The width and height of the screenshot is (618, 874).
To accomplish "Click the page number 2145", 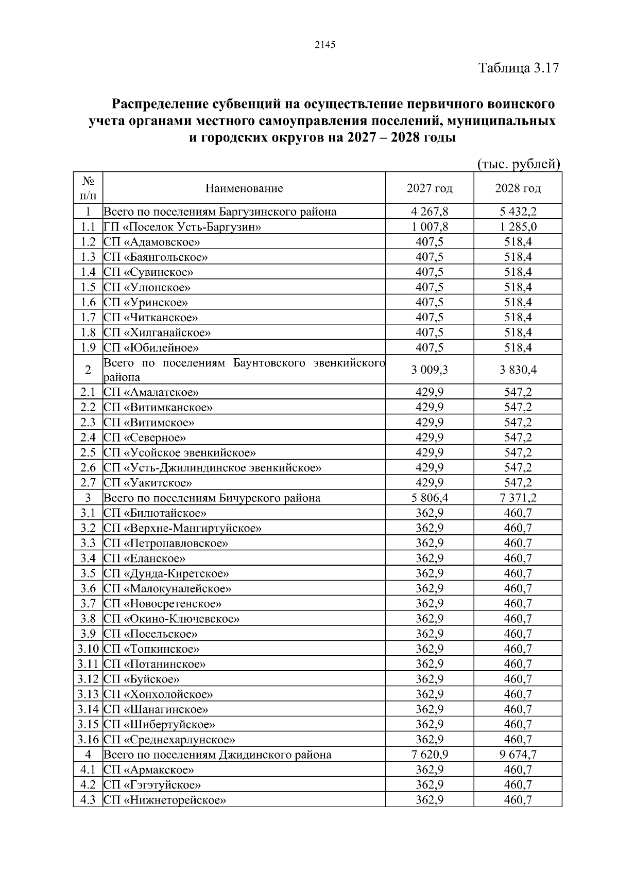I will [x=324, y=45].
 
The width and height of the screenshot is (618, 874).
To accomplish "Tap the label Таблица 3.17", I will [x=518, y=68].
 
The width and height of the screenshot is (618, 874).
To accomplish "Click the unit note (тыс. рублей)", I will [x=519, y=164].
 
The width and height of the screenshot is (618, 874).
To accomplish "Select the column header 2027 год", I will [x=429, y=188].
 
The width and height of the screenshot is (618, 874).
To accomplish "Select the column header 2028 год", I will [x=518, y=188].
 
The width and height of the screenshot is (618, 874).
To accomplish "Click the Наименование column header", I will [x=244, y=188].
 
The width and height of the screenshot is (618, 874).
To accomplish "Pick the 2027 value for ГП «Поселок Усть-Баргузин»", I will [x=429, y=227].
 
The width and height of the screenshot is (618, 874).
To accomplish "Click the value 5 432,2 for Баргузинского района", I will [x=518, y=212].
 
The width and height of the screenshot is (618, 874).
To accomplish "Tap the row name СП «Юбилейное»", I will [x=151, y=347].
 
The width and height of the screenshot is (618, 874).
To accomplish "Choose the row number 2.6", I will [x=88, y=468].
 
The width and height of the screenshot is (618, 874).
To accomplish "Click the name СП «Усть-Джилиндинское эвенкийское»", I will [x=213, y=468].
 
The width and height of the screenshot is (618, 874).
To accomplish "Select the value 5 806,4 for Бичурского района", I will [x=429, y=498].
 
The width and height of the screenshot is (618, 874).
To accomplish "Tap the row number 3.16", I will [x=88, y=740].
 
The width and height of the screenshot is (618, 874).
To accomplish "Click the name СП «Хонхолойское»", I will [x=158, y=695].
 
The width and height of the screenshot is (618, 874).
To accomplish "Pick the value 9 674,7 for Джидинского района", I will [x=518, y=755].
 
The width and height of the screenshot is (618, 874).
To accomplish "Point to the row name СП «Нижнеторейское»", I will [x=165, y=800].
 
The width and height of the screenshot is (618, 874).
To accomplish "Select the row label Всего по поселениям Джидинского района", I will [x=217, y=755].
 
